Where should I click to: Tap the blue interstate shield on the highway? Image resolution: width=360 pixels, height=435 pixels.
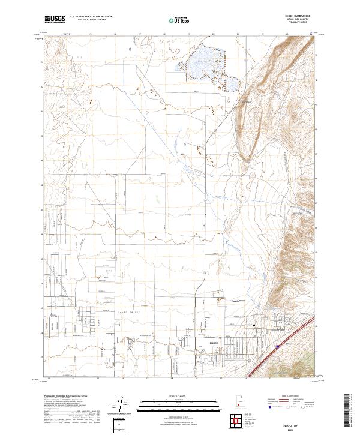tap(277, 346)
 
